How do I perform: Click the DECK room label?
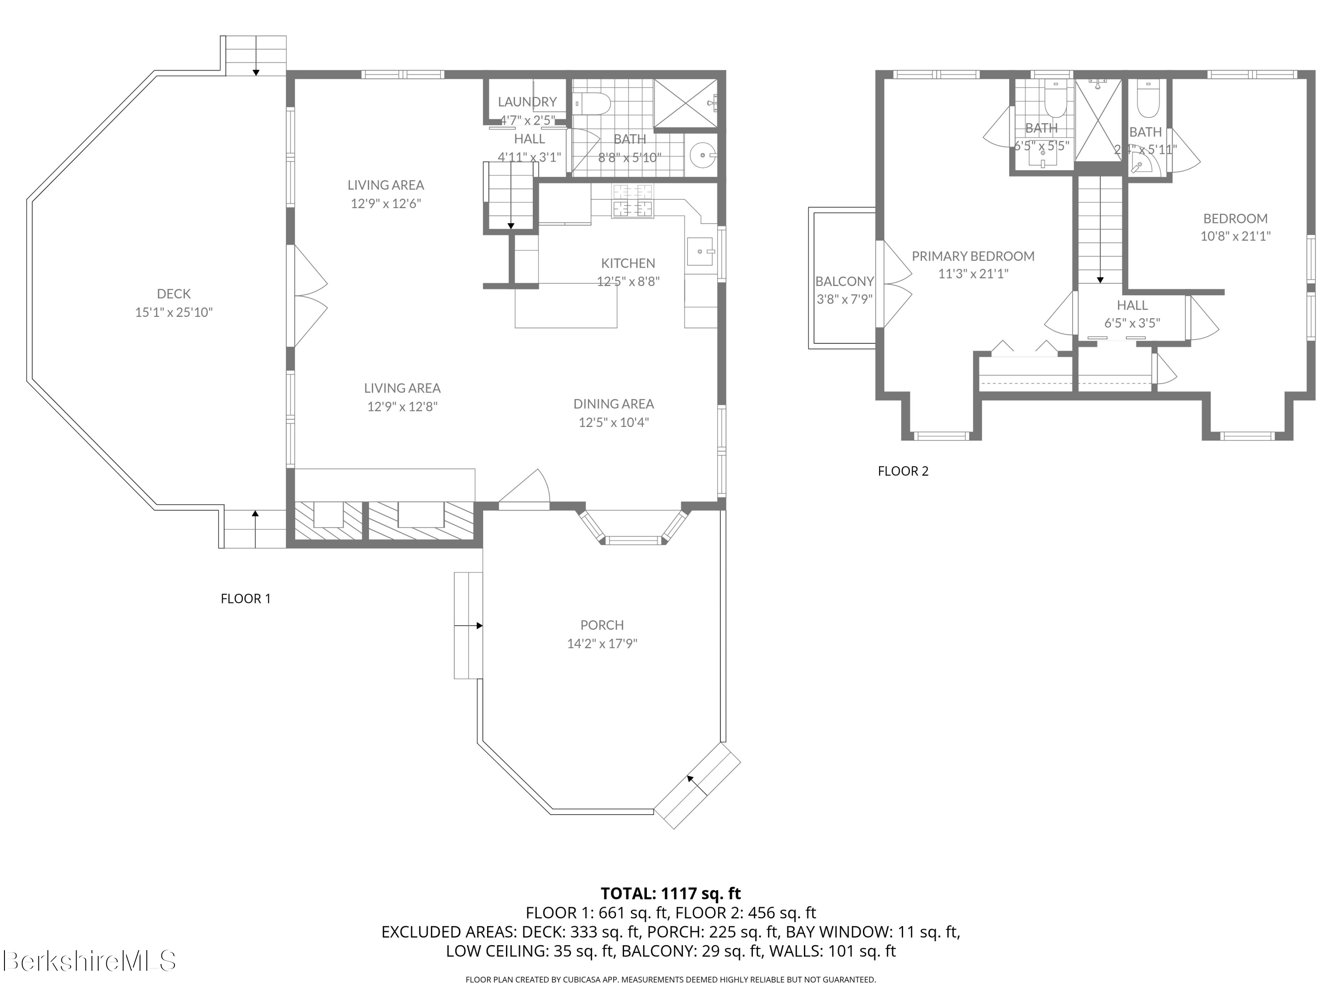[x=174, y=294]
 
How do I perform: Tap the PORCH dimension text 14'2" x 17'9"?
[x=602, y=644]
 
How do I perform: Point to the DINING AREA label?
[x=613, y=404]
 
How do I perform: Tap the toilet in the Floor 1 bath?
[x=592, y=104]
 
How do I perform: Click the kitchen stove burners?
[x=633, y=201]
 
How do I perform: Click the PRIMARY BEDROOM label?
[x=973, y=256]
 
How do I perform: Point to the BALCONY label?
[x=844, y=282]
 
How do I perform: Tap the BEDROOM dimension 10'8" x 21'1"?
[x=1235, y=236]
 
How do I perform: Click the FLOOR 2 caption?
[x=903, y=471]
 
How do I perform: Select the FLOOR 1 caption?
[x=246, y=598]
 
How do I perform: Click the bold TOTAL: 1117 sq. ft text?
[x=671, y=893]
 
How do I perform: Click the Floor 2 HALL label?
[x=1132, y=305]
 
